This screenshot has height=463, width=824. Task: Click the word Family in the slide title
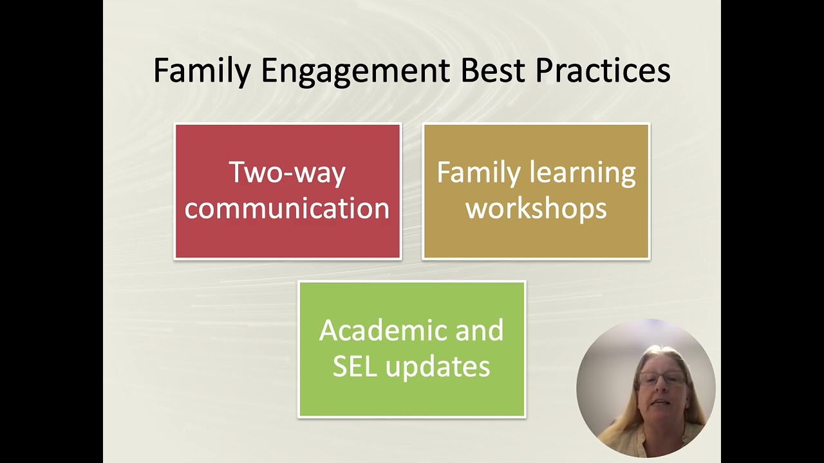coord(202,71)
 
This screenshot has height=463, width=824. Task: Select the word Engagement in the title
coord(355,71)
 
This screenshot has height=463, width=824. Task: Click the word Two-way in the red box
coord(287,173)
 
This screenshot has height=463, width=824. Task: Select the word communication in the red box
coord(287,208)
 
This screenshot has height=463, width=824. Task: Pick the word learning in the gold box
coord(583,173)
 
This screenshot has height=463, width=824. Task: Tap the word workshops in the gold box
coord(536,208)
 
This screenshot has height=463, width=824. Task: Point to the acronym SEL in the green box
coord(355,366)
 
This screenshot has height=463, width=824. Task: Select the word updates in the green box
coord(438,367)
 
